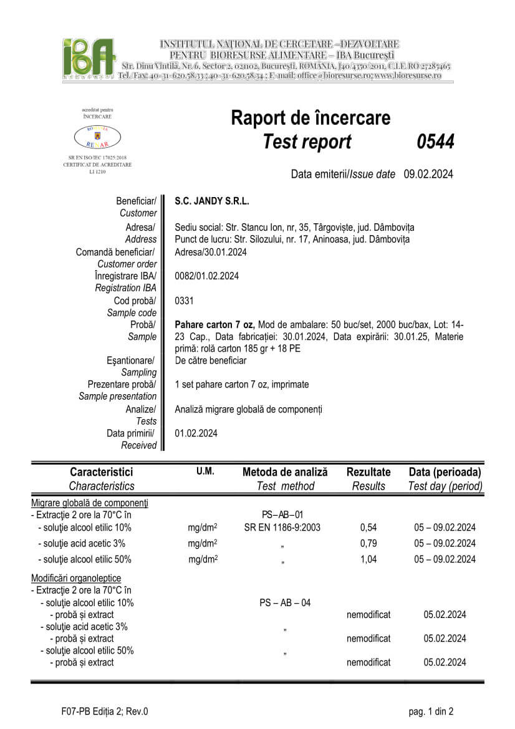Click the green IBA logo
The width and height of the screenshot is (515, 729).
click(89, 58)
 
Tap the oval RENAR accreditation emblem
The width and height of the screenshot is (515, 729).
click(97, 136)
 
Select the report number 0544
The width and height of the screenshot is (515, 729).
click(435, 142)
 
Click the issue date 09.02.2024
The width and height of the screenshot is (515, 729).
click(428, 174)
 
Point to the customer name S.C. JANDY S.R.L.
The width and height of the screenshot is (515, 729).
click(212, 201)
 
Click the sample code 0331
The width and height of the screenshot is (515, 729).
click(185, 301)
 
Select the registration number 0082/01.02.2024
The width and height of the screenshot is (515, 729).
click(206, 276)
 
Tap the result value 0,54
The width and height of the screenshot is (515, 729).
click(368, 528)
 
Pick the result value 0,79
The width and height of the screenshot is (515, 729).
click(368, 543)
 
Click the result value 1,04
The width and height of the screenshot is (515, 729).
click(368, 559)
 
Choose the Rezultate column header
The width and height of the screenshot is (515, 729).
click(368, 472)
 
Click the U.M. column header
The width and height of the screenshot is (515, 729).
click(205, 471)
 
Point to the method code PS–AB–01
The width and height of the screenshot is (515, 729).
click(282, 514)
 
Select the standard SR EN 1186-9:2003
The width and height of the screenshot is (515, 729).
click(282, 528)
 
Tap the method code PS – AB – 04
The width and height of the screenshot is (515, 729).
click(285, 602)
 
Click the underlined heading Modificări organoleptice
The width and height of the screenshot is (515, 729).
click(76, 578)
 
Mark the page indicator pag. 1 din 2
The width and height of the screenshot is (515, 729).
click(431, 711)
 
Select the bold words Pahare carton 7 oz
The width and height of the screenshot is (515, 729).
click(214, 324)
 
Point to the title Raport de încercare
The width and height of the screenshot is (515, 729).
click(310, 117)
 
